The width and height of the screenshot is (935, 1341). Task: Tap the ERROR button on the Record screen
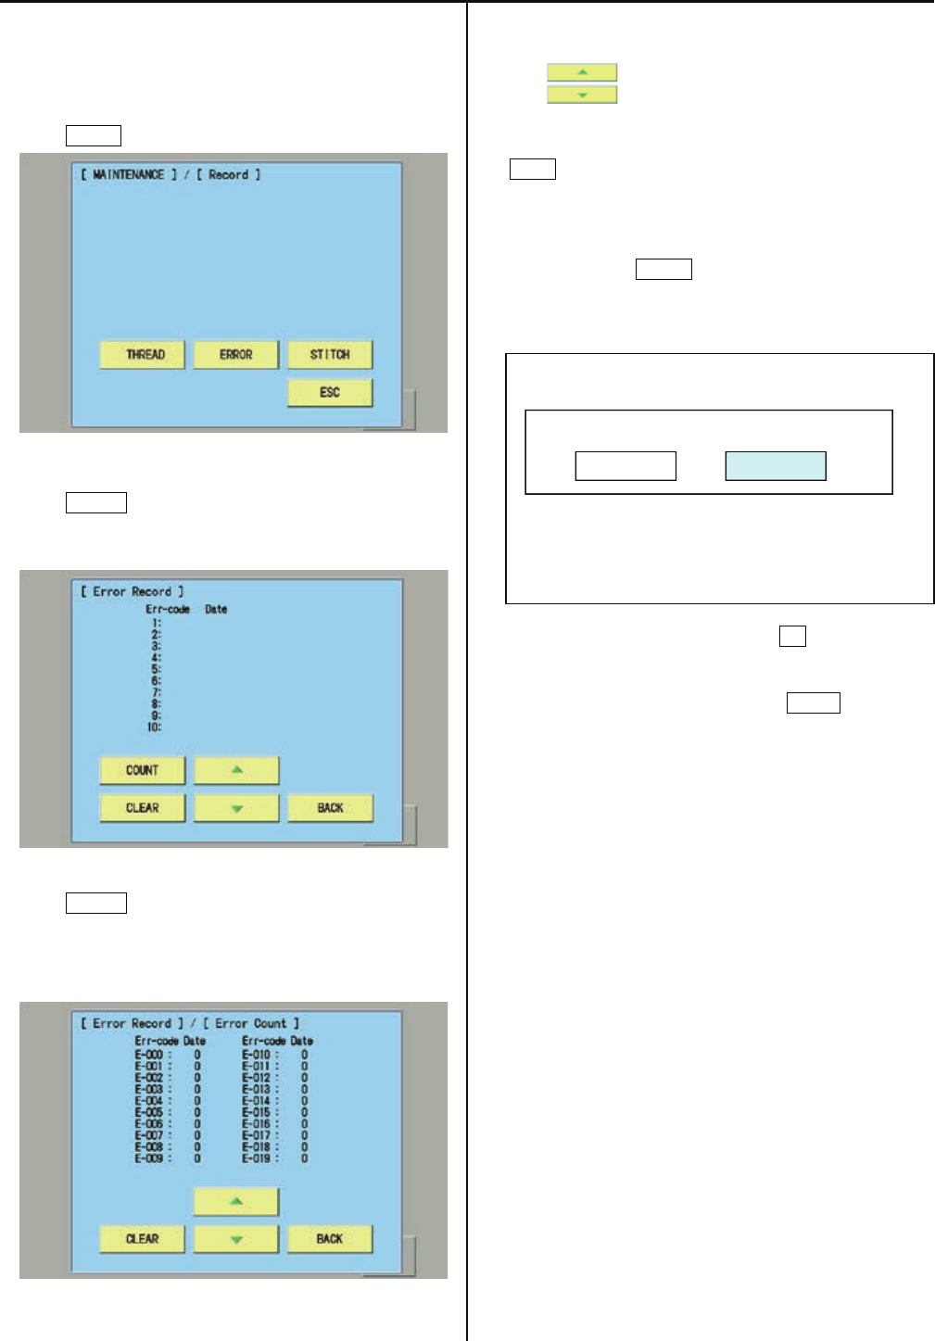click(236, 355)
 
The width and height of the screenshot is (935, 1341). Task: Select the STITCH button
click(330, 355)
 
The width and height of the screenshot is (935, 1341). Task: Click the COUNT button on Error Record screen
click(143, 770)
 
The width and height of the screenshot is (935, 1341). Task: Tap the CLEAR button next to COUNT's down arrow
click(143, 808)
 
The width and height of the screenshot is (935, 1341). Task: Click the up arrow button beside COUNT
click(236, 770)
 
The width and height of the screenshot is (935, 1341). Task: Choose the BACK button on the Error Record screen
click(330, 808)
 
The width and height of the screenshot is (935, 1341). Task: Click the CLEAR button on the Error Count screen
click(143, 1239)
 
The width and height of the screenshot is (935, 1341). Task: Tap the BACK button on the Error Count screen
click(330, 1239)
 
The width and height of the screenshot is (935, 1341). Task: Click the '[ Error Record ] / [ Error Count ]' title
click(190, 1024)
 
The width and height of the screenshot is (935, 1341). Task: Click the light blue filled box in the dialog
click(775, 466)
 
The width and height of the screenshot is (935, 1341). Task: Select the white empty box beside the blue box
click(625, 466)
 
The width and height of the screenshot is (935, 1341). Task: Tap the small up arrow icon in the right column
click(582, 72)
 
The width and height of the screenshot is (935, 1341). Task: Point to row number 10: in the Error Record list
click(154, 727)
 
